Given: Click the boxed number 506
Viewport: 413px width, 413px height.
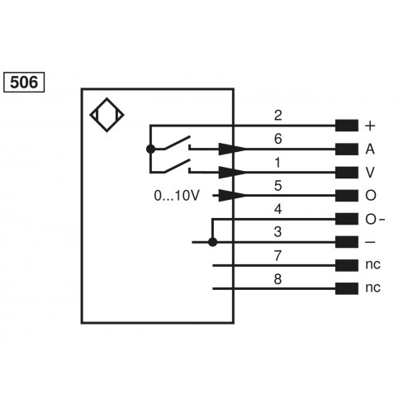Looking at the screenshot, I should (x=25, y=83).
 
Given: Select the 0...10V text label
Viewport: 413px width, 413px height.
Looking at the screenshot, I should (x=177, y=196).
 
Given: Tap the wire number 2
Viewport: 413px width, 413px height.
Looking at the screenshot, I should (x=278, y=114).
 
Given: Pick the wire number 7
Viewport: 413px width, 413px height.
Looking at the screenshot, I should (x=278, y=254).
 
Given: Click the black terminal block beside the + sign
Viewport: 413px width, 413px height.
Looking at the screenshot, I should (x=347, y=126).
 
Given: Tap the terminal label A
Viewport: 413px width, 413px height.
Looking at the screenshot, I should (x=369, y=150).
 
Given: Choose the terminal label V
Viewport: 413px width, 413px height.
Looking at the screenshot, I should (x=369, y=173).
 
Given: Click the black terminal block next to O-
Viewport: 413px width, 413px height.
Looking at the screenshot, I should (x=347, y=219).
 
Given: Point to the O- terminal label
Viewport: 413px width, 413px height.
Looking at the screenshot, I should (x=374, y=219).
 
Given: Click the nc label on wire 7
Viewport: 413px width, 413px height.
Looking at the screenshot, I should (x=373, y=266).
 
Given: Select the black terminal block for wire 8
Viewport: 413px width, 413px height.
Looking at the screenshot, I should (x=347, y=289).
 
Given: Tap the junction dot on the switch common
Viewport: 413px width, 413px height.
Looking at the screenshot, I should (x=150, y=149).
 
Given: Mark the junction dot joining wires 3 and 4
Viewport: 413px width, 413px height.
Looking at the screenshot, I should (x=213, y=243).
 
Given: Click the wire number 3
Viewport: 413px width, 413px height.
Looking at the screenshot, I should (x=278, y=231).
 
